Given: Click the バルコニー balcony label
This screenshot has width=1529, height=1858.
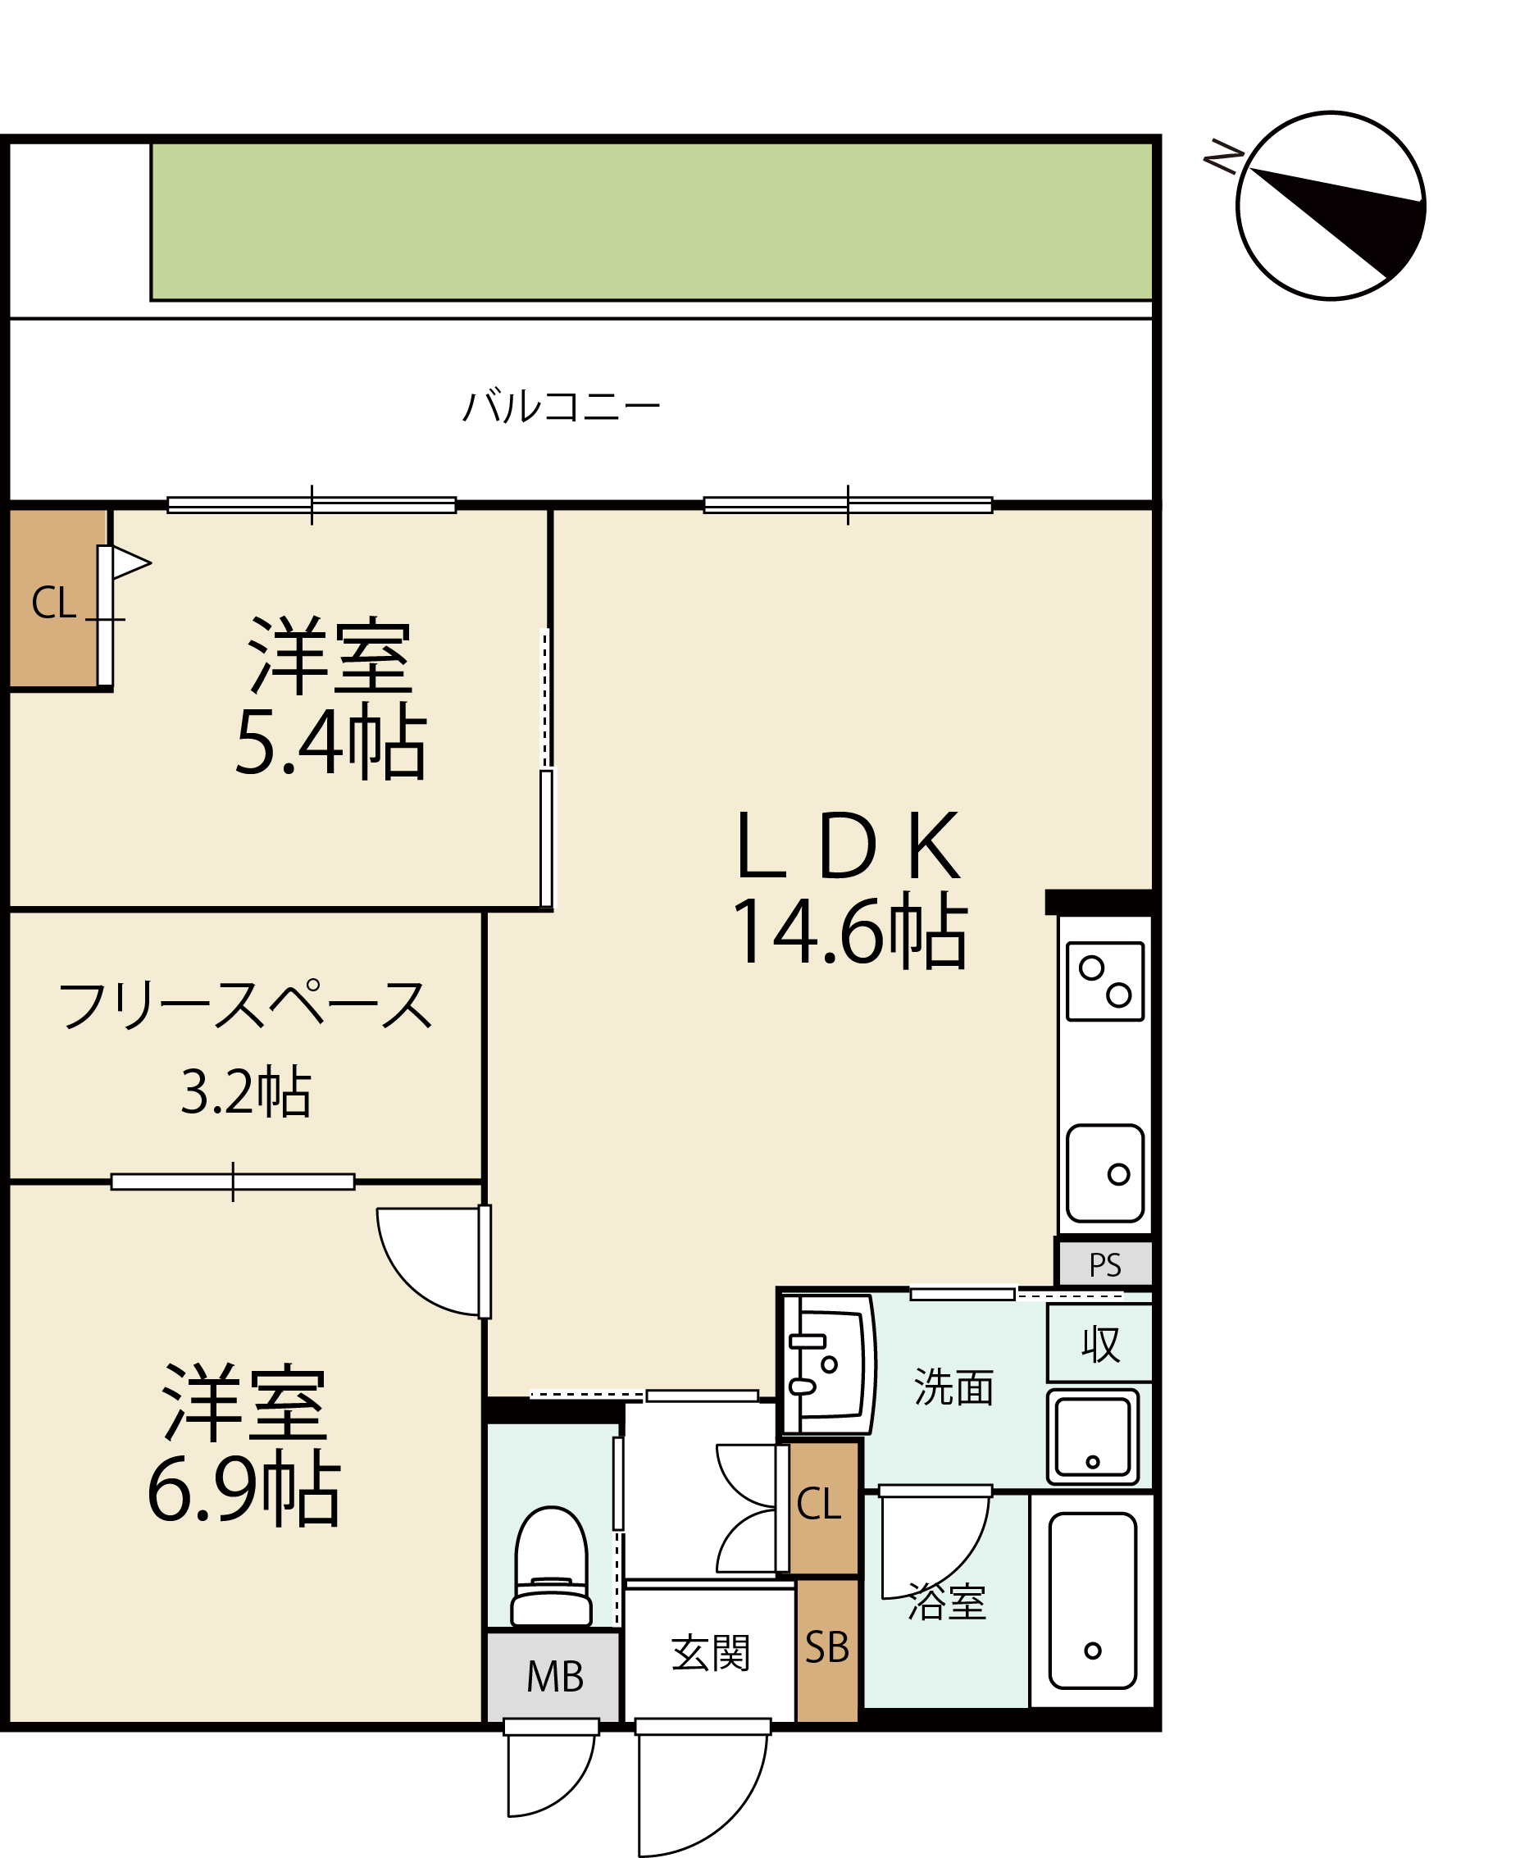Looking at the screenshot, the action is (561, 406).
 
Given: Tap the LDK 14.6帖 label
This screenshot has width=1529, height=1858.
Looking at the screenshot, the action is (849, 889).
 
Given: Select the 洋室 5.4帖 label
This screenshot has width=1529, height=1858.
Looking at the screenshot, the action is (330, 697).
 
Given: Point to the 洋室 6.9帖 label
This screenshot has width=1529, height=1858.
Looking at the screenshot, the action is (244, 1445).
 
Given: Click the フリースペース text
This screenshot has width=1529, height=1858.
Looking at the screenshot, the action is (245, 1005).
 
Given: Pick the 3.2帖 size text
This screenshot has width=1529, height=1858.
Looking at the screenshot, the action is (246, 1092).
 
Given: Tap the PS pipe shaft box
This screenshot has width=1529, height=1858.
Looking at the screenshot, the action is (1104, 1264).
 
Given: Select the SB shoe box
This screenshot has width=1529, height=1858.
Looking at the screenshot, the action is (827, 1649).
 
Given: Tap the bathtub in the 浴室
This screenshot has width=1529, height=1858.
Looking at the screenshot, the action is (1092, 1601).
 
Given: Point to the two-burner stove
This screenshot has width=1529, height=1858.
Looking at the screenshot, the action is (1104, 981).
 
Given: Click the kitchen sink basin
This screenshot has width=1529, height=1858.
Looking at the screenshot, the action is (1104, 1173).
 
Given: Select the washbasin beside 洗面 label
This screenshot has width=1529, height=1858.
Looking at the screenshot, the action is (828, 1364).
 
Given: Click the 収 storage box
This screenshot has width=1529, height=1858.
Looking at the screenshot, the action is (1099, 1344).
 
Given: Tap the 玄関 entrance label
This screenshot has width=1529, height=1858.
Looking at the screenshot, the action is (710, 1653).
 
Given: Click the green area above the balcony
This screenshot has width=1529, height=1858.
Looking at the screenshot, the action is (652, 221).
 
